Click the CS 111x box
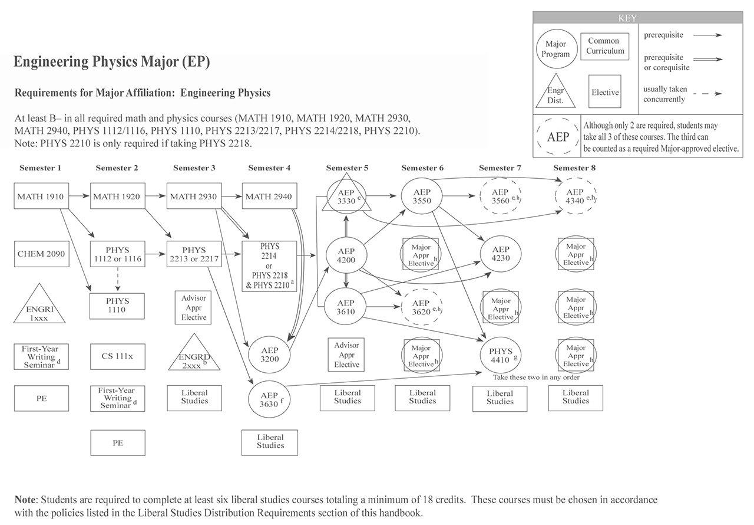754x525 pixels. pos(118,357)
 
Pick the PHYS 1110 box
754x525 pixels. pos(118,305)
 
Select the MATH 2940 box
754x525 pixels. pos(270,196)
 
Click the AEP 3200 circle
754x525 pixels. pos(270,353)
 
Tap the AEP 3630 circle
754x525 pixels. pos(269,399)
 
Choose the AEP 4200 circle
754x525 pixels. pos(346,255)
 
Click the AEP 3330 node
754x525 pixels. pos(346,196)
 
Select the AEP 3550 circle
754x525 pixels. pos(422,196)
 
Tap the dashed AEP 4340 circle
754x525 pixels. pos(576,196)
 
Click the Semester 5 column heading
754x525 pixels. pos(347,168)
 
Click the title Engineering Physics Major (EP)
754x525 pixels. pos(111,62)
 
